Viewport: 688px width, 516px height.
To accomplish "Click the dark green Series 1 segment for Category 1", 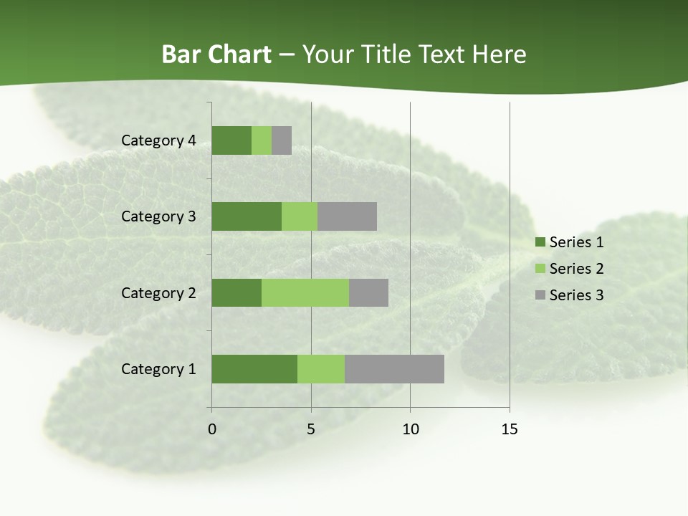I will click(254, 369).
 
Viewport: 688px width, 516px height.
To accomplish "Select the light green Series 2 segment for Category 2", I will click(305, 292).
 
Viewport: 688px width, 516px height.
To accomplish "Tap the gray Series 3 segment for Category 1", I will click(394, 369).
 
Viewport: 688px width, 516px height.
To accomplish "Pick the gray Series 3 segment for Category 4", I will click(282, 140).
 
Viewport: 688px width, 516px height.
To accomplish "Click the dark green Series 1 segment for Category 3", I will click(247, 216).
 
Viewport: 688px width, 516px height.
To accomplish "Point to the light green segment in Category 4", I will click(262, 140).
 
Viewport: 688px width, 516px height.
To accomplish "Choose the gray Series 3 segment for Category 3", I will click(347, 216).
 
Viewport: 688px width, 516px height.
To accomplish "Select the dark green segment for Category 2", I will click(236, 292).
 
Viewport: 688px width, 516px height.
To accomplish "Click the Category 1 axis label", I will click(158, 369).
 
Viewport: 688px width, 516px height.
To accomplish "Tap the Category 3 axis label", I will click(158, 216).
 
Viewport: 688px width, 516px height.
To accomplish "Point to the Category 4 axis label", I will click(158, 140).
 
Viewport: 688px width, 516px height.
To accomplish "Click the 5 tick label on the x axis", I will click(311, 429).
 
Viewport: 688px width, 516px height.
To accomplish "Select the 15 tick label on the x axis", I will click(509, 429).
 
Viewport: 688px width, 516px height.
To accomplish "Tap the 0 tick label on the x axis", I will click(212, 429).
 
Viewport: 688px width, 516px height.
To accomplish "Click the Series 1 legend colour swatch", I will click(540, 242).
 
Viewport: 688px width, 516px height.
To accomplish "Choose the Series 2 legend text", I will click(576, 269).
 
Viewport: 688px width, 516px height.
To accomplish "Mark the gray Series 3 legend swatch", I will click(540, 295).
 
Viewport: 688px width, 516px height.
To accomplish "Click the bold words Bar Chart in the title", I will click(216, 54).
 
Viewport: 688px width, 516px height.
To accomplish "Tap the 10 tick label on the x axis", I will click(410, 429).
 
